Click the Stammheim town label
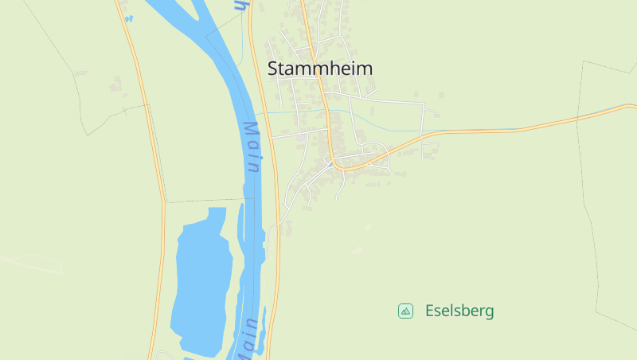tap(320, 68)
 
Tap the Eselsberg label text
tap(459, 311)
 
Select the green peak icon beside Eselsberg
tap(405, 311)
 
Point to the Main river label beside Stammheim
tap(252, 147)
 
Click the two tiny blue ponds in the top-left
tap(127, 18)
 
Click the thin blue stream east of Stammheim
tap(382, 128)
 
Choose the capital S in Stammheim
tap(273, 68)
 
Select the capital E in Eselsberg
tap(430, 311)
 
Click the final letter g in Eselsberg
tap(489, 313)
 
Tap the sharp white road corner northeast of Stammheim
tap(423, 103)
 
